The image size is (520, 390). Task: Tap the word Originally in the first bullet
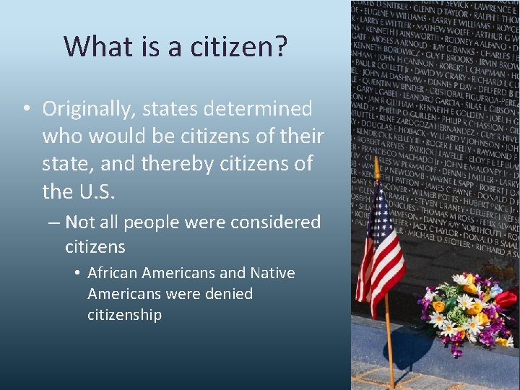91,109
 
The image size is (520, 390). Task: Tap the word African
113,273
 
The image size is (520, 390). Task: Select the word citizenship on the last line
124,315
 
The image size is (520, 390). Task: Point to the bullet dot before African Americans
77,274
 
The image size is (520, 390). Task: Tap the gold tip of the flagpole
376,168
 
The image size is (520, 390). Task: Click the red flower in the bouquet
507,298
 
